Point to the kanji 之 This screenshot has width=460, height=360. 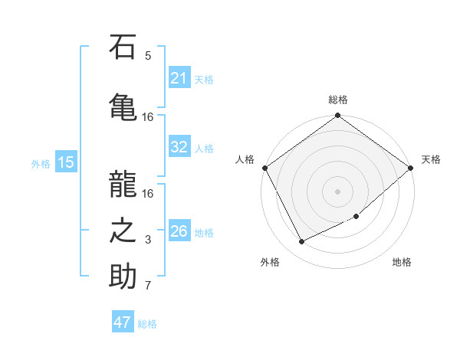[123, 229]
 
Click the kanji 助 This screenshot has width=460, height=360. [123, 276]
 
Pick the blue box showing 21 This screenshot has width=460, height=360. [179, 78]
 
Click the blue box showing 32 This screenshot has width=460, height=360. [179, 147]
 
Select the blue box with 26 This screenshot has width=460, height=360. [179, 231]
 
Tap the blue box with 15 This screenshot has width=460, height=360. [65, 162]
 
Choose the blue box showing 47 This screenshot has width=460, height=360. [123, 322]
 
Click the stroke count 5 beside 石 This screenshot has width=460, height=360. [148, 56]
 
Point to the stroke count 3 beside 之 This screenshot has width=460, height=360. [148, 240]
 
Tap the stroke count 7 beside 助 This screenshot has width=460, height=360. [148, 286]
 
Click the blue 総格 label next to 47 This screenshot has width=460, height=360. [147, 324]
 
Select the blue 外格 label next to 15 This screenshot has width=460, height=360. [41, 163]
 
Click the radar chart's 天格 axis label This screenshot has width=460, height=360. [431, 159]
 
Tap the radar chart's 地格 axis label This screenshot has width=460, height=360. [402, 262]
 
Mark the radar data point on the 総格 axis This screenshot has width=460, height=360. [337, 116]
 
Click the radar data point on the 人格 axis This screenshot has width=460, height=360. [265, 168]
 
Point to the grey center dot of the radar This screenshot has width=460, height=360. [337, 191]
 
